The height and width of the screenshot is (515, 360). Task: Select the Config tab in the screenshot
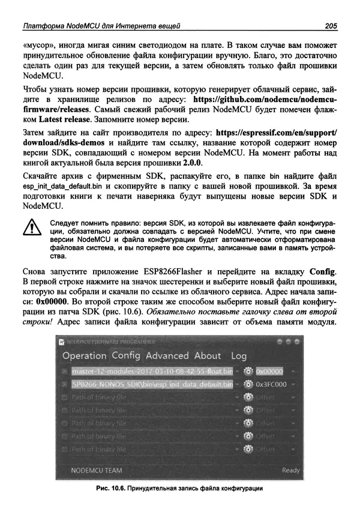(126, 355)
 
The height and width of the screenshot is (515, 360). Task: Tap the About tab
(208, 355)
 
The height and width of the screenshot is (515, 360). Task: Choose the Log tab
(239, 356)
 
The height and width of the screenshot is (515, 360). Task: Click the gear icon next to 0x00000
(249, 372)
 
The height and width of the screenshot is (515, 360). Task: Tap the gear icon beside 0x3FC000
(249, 384)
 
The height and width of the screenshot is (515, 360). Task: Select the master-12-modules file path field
(150, 372)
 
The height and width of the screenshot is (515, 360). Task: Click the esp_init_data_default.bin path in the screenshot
(150, 384)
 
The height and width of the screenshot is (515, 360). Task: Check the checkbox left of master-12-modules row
(64, 372)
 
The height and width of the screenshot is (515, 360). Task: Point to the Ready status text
(290, 470)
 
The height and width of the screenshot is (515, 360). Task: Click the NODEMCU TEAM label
(91, 470)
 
